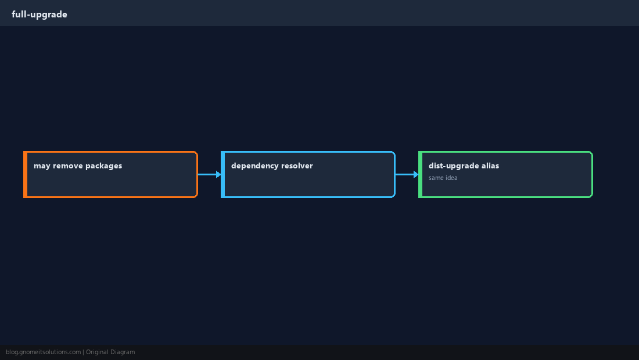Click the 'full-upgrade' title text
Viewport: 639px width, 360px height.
click(40, 15)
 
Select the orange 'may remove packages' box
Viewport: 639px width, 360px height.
click(110, 174)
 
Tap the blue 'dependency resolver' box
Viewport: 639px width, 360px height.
click(308, 174)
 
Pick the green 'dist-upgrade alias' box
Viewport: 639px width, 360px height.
click(505, 174)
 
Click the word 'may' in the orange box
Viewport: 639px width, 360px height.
click(42, 166)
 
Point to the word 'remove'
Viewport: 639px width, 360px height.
click(67, 165)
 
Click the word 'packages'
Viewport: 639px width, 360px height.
click(103, 166)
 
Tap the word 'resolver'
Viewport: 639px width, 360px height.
click(297, 165)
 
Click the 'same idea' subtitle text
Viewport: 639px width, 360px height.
click(443, 178)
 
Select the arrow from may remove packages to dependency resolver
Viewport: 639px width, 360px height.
click(210, 174)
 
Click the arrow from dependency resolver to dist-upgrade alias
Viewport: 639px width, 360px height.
click(407, 174)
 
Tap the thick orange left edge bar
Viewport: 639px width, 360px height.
click(25, 174)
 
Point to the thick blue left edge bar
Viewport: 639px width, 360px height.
click(223, 174)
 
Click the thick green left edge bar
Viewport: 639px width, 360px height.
click(420, 174)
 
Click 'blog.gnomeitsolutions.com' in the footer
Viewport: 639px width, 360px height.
click(43, 352)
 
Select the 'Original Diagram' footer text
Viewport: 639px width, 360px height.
click(110, 352)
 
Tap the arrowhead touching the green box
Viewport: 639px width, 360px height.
click(416, 174)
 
